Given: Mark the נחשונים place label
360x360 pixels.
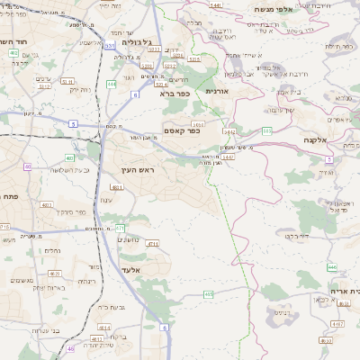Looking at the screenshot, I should click(132, 239).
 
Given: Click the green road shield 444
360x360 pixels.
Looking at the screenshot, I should click(111, 84).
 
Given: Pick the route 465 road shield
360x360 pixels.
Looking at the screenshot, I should click(209, 293).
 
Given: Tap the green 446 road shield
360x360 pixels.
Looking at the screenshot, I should click(332, 267).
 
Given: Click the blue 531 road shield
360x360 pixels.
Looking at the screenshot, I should click(109, 45).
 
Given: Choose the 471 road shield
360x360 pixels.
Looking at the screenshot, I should click(120, 228).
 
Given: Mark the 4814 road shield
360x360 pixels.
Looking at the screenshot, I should click(103, 328).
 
